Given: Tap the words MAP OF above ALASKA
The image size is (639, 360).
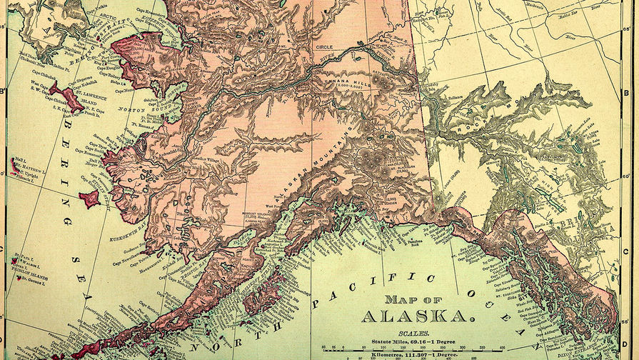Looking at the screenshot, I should (418, 299).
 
